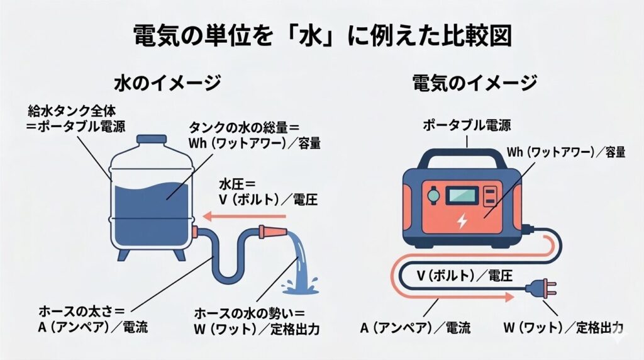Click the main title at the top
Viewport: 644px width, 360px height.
pyautogui.click(x=322, y=37)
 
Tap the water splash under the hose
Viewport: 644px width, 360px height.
pyautogui.click(x=301, y=283)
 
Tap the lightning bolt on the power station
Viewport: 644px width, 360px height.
pyautogui.click(x=463, y=222)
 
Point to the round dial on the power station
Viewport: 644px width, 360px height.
pyautogui.click(x=433, y=195)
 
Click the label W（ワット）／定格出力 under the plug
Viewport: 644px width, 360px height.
pyautogui.click(x=563, y=327)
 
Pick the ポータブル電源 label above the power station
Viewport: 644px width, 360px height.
pyautogui.click(x=466, y=125)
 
